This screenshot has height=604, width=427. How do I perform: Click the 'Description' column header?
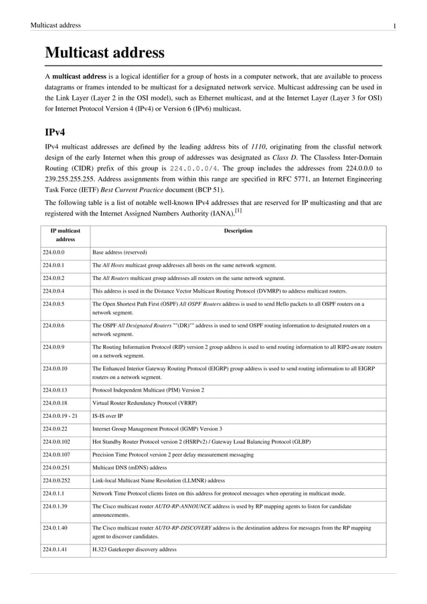point(238,231)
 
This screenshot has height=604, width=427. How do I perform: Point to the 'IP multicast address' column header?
point(66,235)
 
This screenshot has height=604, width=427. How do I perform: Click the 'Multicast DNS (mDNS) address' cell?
point(129,467)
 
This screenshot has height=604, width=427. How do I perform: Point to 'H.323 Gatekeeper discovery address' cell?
point(134,550)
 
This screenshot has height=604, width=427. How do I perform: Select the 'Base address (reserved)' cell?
point(119,252)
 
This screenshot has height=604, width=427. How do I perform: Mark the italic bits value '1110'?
point(259,145)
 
